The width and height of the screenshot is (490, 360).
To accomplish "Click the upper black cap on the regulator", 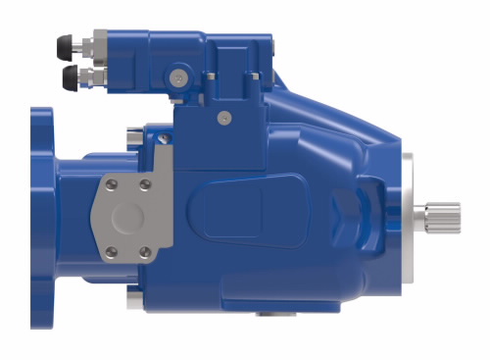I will (x=67, y=44).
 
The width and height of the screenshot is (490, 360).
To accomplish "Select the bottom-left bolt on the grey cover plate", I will (x=111, y=252).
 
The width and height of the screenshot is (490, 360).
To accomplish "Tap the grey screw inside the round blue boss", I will (x=176, y=77).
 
